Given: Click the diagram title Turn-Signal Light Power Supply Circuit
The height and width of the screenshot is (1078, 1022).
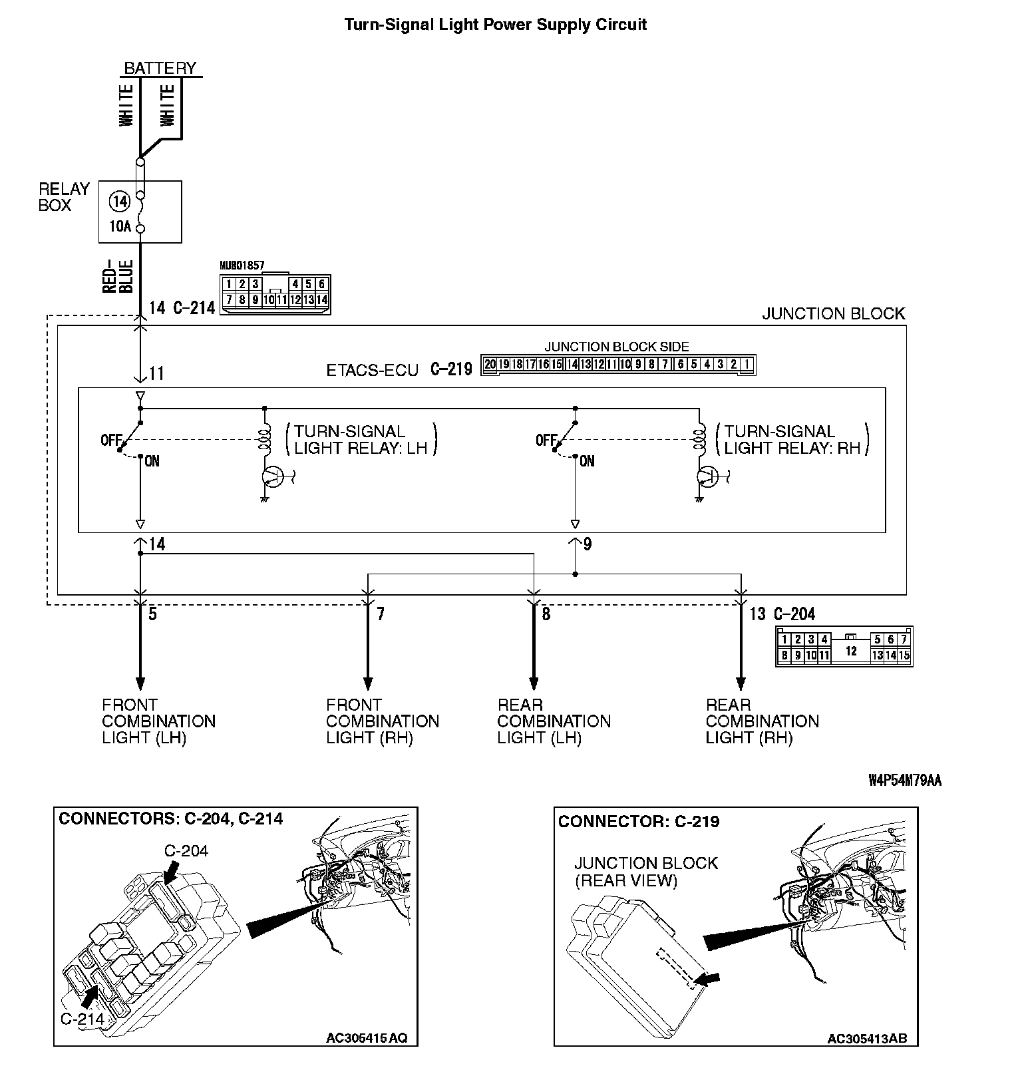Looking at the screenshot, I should [x=495, y=25].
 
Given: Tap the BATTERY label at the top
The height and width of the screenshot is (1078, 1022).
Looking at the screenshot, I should [x=160, y=68].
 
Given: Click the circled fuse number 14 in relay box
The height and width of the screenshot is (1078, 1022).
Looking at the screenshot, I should [x=120, y=200].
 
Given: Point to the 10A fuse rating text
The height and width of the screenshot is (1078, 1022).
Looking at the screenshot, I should [x=120, y=226].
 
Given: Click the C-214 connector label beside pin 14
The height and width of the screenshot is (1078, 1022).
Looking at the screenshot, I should [x=194, y=308].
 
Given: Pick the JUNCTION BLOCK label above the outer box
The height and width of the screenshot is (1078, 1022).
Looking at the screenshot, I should [x=833, y=313].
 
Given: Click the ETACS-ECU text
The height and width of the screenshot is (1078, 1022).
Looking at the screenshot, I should [x=372, y=370].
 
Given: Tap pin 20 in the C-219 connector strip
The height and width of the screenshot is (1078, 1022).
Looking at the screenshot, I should [x=490, y=364].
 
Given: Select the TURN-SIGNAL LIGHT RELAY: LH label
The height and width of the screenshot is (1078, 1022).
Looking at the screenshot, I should [x=361, y=440].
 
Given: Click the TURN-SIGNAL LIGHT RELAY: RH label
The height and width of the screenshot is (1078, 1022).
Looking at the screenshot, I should [x=792, y=440].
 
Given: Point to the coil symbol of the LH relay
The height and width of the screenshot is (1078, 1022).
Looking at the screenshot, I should [x=265, y=440].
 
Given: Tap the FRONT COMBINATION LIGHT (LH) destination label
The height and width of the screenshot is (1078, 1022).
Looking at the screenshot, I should [x=158, y=721].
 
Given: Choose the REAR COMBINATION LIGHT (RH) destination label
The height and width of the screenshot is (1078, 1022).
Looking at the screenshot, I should [x=762, y=721].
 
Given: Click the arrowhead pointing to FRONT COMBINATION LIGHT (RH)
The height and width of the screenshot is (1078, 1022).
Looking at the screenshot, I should [x=368, y=683].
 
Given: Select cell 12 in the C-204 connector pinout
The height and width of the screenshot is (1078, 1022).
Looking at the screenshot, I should [x=851, y=651].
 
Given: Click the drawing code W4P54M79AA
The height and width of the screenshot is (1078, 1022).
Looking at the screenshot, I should [x=904, y=781].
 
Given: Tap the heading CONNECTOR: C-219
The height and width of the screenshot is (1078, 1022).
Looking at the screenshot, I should [x=639, y=822].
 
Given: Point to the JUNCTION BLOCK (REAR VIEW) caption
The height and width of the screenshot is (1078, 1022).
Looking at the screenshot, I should [x=645, y=872].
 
